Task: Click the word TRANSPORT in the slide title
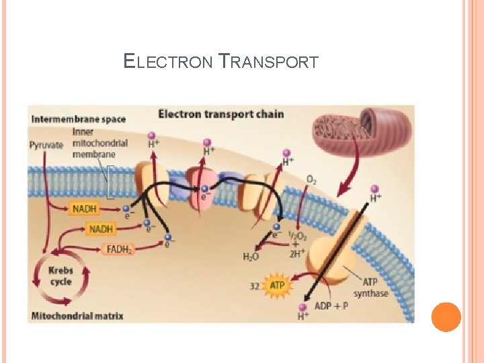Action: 269,63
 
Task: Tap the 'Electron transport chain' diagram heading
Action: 220,114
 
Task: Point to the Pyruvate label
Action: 46,144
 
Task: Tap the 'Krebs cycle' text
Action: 61,276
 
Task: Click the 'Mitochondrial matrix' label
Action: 77,315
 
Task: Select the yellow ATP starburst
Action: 277,286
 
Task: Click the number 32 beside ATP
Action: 255,286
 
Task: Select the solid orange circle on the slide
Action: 446,317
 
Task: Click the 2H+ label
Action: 296,254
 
